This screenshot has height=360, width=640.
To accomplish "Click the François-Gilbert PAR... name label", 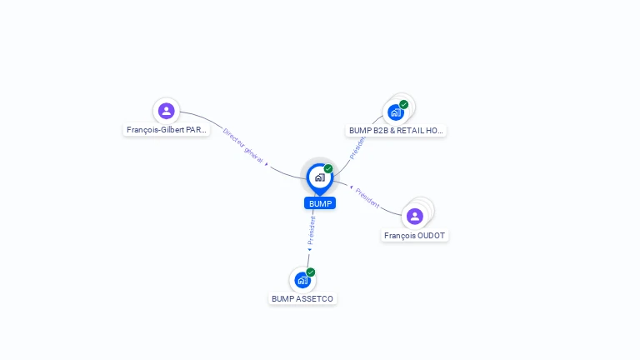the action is coord(166,130).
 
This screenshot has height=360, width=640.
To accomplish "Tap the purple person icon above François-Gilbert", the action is coord(167,111).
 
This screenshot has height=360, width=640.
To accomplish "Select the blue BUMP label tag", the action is coord(320,203).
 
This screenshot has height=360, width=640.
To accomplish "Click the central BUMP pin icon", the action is coord(319,177).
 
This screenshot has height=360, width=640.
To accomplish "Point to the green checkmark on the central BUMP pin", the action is coord(328,169).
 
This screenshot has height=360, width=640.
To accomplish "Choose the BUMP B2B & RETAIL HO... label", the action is coord(396,130).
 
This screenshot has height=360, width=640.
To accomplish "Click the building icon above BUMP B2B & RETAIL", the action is coord(395,112).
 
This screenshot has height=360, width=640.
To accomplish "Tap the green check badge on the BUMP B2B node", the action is coord(404,104).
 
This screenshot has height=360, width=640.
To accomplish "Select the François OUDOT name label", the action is coord(415,236).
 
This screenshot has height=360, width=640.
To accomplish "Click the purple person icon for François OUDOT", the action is coord(415,217).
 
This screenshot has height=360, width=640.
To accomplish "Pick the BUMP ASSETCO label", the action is coord(302,298).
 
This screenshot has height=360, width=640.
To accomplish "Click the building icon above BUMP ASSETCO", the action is coord(302,280).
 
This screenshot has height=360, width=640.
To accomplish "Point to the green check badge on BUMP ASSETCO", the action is coord(311,272).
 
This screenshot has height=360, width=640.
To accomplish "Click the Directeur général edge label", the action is coord(242,145).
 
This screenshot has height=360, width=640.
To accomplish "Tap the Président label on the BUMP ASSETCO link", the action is coord(312,229).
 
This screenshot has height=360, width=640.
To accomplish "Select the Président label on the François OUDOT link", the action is coord(367,198).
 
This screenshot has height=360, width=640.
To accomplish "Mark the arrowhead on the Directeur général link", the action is coord(267,165).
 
